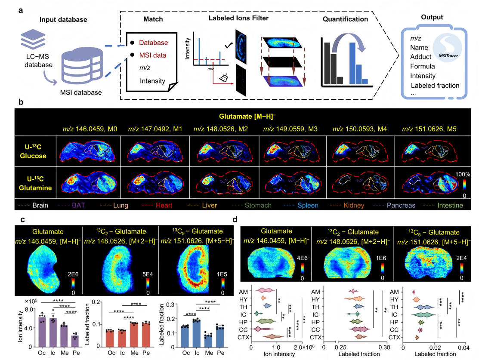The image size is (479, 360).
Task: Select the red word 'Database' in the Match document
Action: [x=154, y=43]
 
